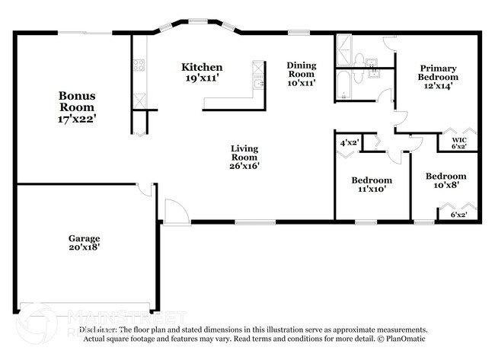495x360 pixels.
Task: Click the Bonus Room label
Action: point(78,107)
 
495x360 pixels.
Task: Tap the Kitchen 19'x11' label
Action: point(201,72)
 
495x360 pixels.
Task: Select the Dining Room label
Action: point(301,73)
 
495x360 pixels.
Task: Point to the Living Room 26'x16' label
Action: point(244,157)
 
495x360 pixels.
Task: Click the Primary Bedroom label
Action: point(438,77)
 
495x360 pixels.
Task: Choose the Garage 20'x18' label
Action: point(84,242)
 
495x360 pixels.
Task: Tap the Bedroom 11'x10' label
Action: point(372,184)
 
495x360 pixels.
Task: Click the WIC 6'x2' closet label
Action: point(458,142)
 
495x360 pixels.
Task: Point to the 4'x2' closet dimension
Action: point(349,142)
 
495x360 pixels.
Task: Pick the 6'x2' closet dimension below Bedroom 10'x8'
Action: point(458,215)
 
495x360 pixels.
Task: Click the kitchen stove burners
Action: point(139,65)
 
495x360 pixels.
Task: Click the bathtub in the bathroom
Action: point(346,84)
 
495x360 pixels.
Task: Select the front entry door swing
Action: point(174,212)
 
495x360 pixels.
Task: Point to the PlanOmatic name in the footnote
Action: point(405,339)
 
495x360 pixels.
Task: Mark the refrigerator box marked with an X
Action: point(139,100)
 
